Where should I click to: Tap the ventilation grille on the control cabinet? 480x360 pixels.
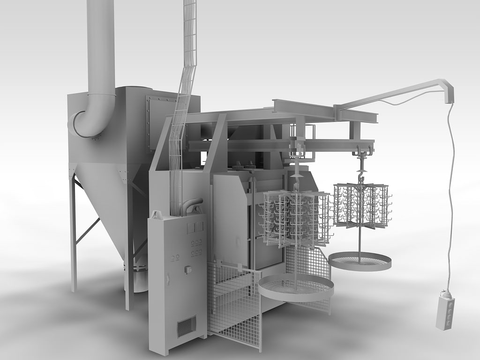(186, 326)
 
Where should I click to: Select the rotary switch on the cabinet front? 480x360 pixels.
(188, 269)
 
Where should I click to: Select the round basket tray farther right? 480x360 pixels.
(360, 261)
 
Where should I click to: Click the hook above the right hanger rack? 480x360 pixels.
(361, 176)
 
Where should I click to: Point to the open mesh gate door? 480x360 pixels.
(234, 305)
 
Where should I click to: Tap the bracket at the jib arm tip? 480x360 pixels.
(450, 94)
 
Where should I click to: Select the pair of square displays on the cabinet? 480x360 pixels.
(195, 227)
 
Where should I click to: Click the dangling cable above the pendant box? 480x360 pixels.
(451, 197)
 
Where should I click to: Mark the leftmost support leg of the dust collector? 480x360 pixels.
(73, 234)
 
